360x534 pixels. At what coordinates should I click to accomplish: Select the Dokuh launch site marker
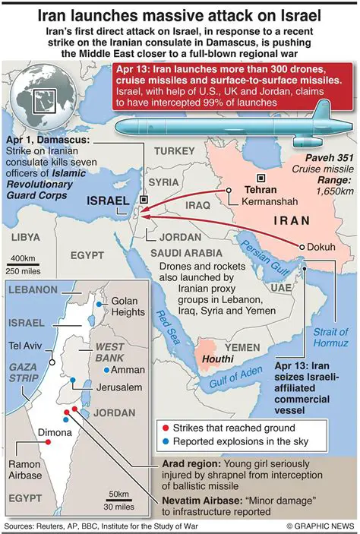[302, 247]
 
